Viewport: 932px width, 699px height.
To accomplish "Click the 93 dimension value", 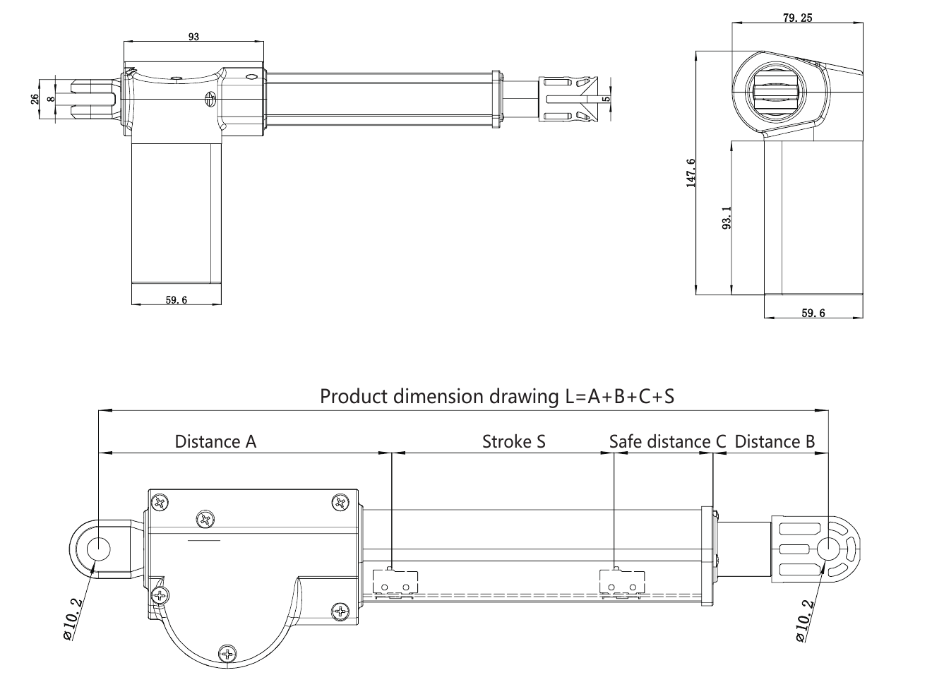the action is [x=193, y=37].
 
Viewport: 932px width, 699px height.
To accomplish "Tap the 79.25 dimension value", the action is [x=797, y=18].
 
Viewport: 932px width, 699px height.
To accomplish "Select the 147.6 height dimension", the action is [x=691, y=173].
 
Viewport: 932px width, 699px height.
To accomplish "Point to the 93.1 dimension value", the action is [x=727, y=217].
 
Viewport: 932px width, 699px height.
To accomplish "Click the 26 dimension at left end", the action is [x=35, y=99].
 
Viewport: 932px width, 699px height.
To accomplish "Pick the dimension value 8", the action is [x=51, y=99].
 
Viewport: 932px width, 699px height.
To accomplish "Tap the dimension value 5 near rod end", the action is [x=607, y=99].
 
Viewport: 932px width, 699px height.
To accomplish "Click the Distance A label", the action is [x=215, y=441].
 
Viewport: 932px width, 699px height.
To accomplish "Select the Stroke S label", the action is [x=514, y=441].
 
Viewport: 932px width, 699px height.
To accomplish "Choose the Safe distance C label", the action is [x=667, y=441].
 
